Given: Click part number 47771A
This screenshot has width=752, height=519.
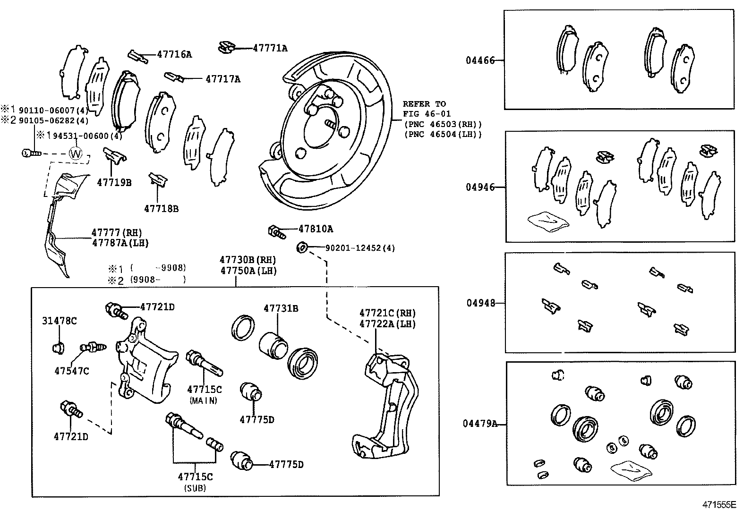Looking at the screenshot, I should point(270,48).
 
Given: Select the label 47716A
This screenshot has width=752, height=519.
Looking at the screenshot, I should point(174,54).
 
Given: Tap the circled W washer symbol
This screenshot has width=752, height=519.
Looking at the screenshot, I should point(76,153).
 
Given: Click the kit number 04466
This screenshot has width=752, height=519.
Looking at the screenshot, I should point(480,60).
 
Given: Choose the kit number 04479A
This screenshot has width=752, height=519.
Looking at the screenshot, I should point(480,424).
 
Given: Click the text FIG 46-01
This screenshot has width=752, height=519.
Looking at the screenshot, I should point(427,114).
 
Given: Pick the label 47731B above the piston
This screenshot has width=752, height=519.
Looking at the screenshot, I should point(281,308).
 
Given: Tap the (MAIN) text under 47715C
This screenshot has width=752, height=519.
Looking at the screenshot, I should point(204,400).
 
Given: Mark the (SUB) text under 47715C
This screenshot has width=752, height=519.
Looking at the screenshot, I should point(195,488).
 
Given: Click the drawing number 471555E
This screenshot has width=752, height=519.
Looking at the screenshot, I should point(719,505).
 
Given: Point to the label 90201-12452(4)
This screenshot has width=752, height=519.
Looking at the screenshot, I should point(359,247).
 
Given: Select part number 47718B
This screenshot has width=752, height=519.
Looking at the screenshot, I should point(162,208).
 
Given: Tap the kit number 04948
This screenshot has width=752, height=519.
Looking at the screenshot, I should point(481,303).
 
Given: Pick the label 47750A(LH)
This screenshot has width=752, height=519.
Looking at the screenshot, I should point(248,271).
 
